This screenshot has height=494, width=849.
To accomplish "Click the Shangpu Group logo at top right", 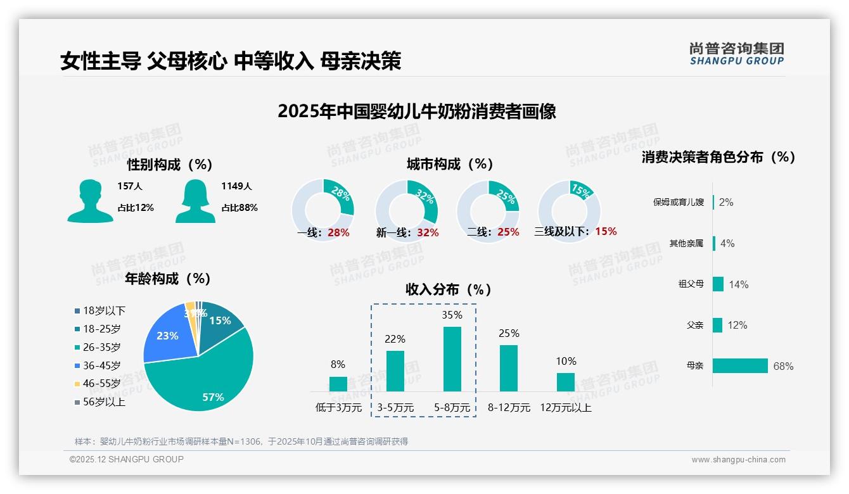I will coord(737,54).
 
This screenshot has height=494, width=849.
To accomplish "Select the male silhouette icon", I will coord(90,201).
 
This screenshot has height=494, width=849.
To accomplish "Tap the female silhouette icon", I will coord(195,201).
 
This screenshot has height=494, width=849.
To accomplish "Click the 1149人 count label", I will coord(236,186).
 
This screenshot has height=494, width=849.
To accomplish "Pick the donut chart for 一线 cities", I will coord(322,210).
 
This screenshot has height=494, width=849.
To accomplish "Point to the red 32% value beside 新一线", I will coord(428,232).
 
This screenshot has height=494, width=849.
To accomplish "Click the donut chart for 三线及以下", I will coord(569,210).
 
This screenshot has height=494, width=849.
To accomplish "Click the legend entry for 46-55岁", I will coord(101,384).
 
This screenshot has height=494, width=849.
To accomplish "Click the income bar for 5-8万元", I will coord(452,359).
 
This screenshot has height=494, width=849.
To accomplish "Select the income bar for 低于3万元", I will coord(338,384).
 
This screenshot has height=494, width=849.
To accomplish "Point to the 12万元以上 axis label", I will coord(565,408).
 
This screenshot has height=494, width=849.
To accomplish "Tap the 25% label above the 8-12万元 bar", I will coord(509,333).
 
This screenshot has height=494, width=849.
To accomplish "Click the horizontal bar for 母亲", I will coord(740,366).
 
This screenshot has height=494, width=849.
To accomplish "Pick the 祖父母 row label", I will coord(691,284).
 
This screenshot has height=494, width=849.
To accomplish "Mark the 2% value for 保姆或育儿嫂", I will coord(726,203).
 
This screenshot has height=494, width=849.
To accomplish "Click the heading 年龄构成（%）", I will coord(168,279).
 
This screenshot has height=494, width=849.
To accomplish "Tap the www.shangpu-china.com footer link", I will coord(738,460).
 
